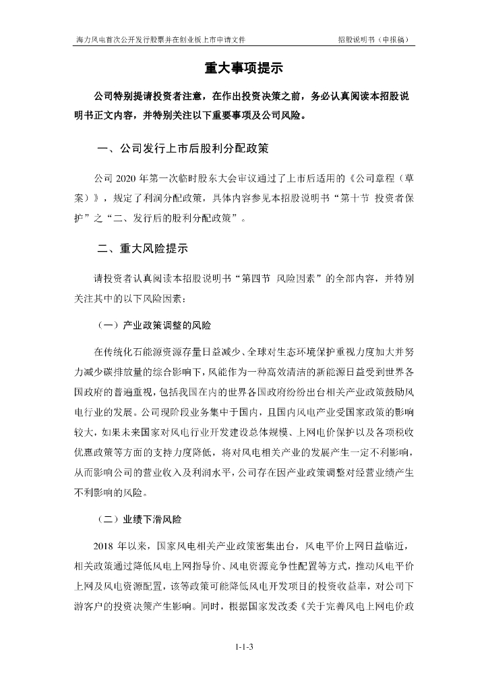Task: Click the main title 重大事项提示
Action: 243,68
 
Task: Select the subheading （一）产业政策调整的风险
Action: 154,325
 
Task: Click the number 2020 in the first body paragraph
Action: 126,178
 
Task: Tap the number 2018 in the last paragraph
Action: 106,545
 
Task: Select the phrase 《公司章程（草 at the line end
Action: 378,178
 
